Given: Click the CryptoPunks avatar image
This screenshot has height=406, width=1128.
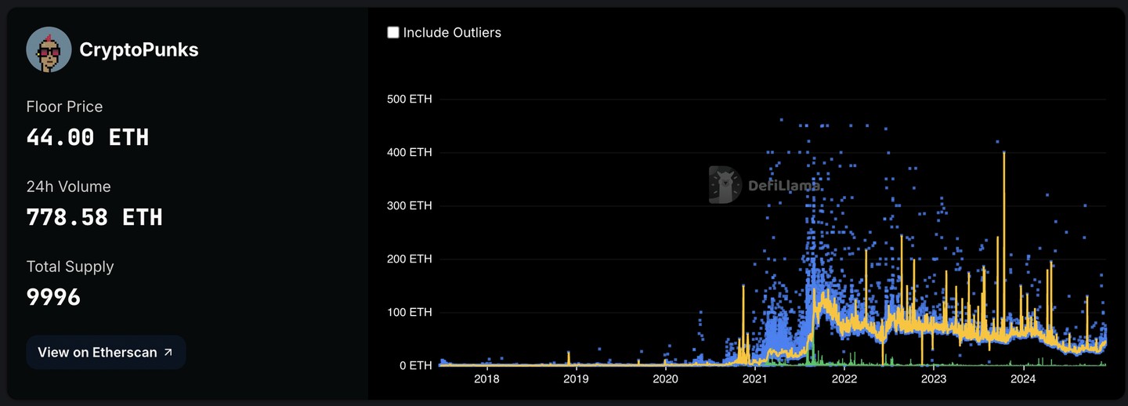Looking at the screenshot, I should click(x=49, y=49).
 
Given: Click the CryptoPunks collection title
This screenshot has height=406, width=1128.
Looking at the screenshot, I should click(x=139, y=50).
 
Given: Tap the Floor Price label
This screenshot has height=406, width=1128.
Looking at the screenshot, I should click(x=64, y=107).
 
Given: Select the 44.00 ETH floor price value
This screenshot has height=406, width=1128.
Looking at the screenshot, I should click(x=88, y=138).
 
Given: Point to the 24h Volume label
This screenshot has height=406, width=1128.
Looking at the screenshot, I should click(x=68, y=187).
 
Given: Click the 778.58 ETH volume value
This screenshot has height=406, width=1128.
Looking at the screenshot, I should click(x=94, y=217).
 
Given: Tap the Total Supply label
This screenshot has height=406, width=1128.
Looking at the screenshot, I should click(x=70, y=266).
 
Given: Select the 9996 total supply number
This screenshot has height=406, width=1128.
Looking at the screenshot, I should click(x=53, y=297).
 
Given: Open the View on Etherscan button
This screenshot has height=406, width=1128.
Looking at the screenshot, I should click(x=106, y=353).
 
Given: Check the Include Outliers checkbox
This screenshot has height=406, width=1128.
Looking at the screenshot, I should click(x=393, y=32).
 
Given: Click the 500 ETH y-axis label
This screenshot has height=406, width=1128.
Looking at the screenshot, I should click(x=410, y=99).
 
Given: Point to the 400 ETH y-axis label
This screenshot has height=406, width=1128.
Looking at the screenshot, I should click(x=410, y=152).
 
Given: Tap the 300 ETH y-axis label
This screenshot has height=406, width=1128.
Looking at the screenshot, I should click(x=410, y=205).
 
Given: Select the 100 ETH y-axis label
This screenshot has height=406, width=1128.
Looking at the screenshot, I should click(x=410, y=312).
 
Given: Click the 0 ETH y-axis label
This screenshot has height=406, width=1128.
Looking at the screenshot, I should click(x=415, y=365).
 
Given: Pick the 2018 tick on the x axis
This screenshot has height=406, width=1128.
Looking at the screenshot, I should click(x=486, y=379).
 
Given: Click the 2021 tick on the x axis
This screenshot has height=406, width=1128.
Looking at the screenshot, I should click(x=754, y=379).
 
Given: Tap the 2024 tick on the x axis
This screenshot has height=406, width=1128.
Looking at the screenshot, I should click(x=1023, y=379).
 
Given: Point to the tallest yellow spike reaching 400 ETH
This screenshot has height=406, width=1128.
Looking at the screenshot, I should click(x=1003, y=154).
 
